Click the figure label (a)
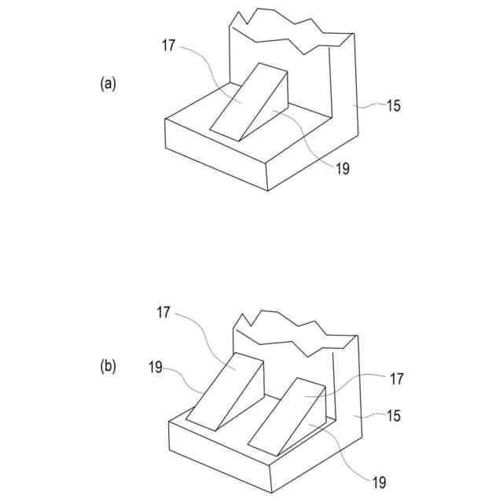coord(108,83)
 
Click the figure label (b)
coord(108,365)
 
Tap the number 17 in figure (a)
coord(169,46)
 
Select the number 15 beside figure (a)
coord(393,105)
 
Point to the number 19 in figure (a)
coord(342,168)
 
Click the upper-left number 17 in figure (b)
coord(163,312)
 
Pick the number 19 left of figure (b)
coord(156,365)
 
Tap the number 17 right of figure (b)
coord(396,379)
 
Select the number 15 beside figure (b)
coord(393,415)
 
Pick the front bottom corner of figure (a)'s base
coord(268,190)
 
